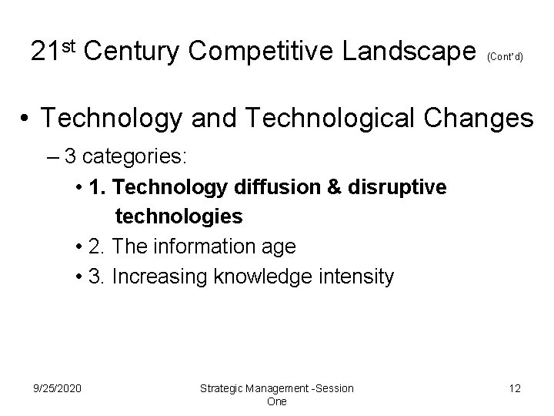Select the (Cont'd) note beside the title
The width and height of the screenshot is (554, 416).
tap(506, 56)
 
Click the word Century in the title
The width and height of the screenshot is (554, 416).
tap(133, 52)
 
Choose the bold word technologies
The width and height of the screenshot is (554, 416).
tap(179, 217)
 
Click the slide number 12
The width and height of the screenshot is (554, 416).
tap(514, 388)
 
